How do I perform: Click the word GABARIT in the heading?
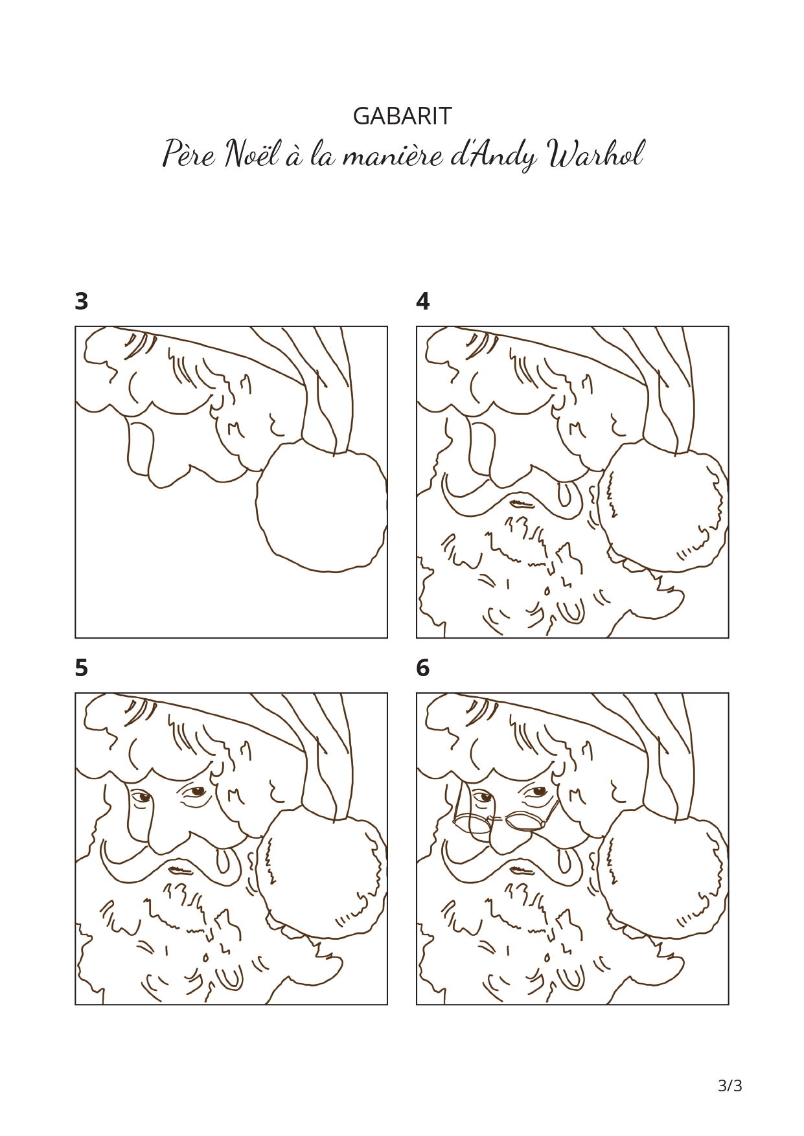pyautogui.click(x=402, y=116)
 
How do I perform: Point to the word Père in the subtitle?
pyautogui.click(x=188, y=154)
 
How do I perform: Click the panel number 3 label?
pyautogui.click(x=82, y=301)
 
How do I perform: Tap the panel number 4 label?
pyautogui.click(x=423, y=301)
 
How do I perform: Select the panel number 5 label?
pyautogui.click(x=82, y=668)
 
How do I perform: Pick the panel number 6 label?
pyautogui.click(x=423, y=668)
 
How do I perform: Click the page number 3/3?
pyautogui.click(x=730, y=1085)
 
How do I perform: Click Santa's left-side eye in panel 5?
pyautogui.click(x=142, y=797)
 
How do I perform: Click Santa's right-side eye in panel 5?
pyautogui.click(x=197, y=791)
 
